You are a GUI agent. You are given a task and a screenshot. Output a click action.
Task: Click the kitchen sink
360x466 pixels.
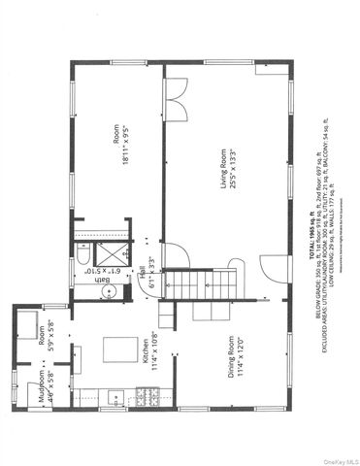115,396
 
